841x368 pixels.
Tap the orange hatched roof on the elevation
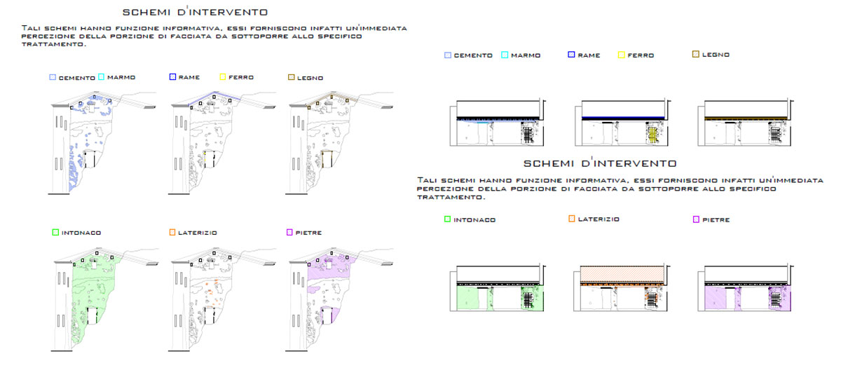pyautogui.click(x=622, y=274)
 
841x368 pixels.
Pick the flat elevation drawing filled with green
pyautogui.click(x=498, y=288)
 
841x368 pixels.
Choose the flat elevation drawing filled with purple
pyautogui.click(x=745, y=288)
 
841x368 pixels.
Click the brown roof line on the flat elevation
pyautogui.click(x=746, y=118)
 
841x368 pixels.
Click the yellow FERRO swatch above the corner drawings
pyautogui.click(x=223, y=77)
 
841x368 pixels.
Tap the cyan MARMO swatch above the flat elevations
pyautogui.click(x=505, y=55)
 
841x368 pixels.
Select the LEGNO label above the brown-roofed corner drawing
pyautogui.click(x=310, y=78)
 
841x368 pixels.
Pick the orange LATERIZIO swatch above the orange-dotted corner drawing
pyautogui.click(x=172, y=233)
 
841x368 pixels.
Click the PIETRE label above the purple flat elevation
pyautogui.click(x=716, y=219)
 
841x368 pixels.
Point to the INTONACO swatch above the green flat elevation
pyautogui.click(x=447, y=219)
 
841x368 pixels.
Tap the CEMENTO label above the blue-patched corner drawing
pyautogui.click(x=77, y=78)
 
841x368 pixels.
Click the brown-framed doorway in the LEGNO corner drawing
pyautogui.click(x=327, y=159)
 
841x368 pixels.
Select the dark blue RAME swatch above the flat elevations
pyautogui.click(x=571, y=55)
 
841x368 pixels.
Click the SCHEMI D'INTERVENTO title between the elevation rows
pyautogui.click(x=600, y=163)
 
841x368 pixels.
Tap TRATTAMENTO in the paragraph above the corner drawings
pyautogui.click(x=54, y=44)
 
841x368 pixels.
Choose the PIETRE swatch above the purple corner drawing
pyautogui.click(x=289, y=233)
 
